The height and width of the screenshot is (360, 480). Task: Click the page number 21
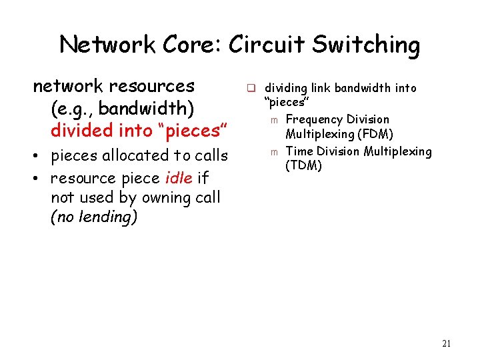(x=447, y=344)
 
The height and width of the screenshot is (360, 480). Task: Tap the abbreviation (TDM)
(x=304, y=166)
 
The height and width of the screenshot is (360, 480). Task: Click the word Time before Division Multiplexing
(x=299, y=151)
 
